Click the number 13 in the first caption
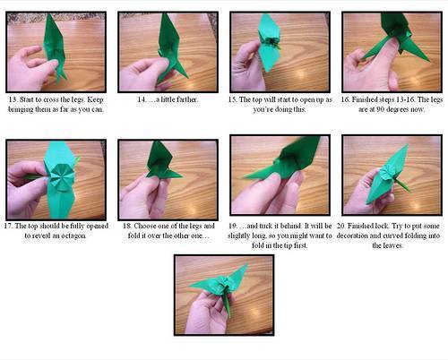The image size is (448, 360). pos(13,99)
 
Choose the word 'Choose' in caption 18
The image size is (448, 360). pos(144,226)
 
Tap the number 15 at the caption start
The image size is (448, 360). pos(232,99)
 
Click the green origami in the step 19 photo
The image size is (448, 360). pos(287,161)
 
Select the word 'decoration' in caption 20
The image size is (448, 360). pos(358,236)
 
